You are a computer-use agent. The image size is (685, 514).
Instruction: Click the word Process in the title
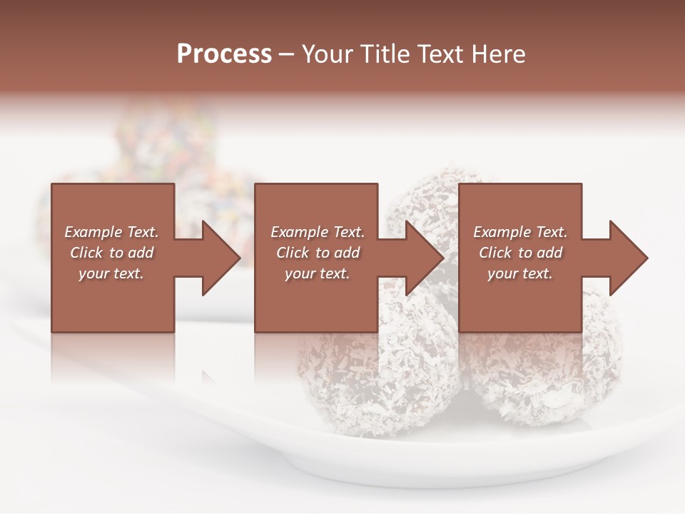pyautogui.click(x=224, y=54)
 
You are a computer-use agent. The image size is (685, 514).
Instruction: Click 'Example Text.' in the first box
pyautogui.click(x=111, y=232)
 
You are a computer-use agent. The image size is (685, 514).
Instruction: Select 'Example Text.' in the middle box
pyautogui.click(x=317, y=232)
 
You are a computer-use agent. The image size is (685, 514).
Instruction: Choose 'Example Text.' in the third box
pyautogui.click(x=520, y=232)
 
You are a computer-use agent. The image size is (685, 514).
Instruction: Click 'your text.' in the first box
pyautogui.click(x=111, y=273)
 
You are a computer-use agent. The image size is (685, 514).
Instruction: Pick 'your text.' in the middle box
pyautogui.click(x=317, y=273)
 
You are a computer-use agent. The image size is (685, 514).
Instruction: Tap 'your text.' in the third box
pyautogui.click(x=520, y=273)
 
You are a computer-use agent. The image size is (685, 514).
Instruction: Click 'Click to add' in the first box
pyautogui.click(x=111, y=253)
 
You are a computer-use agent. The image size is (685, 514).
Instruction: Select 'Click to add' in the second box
pyautogui.click(x=317, y=253)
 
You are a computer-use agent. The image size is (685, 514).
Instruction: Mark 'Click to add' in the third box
pyautogui.click(x=520, y=253)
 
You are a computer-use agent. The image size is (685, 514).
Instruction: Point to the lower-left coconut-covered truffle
pyautogui.click(x=371, y=371)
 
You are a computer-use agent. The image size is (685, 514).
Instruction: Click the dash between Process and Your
pyautogui.click(x=287, y=55)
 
